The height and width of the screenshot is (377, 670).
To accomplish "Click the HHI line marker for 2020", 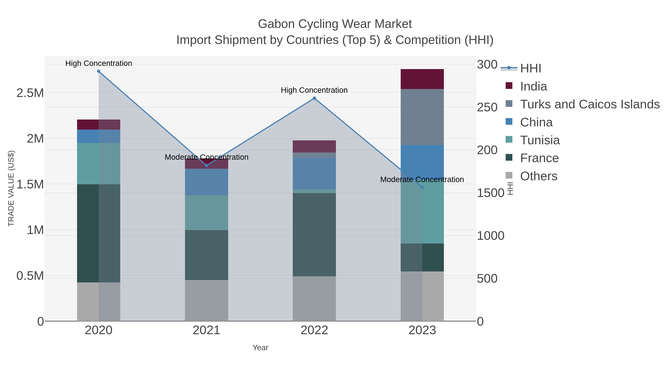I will pos(99,71).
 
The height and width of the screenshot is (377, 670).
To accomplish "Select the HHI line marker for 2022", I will pos(314,98).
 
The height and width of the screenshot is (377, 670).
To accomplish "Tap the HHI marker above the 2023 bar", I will pos(422,187).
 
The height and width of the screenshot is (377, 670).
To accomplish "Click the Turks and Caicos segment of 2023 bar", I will pos(422,117).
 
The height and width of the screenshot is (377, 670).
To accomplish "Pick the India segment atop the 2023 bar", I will pos(422,79).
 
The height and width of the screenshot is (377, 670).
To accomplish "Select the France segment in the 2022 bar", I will pos(314,234).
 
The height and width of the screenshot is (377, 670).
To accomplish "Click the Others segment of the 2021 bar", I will pos(207,300).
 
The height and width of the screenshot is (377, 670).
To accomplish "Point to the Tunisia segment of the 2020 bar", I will pos(99,164).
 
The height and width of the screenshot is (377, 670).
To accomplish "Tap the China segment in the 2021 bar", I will pos(207,182).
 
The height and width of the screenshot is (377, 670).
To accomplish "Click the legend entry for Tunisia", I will pos(540,140).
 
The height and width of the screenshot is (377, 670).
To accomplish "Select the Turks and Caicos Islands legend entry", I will pos(589,104).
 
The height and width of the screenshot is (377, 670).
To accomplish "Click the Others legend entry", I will pos(538,176).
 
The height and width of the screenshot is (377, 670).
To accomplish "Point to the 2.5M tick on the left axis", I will pos(30,93).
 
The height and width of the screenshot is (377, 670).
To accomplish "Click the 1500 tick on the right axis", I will pos(490,193).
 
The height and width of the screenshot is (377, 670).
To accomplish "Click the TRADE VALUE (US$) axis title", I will pos(11,188).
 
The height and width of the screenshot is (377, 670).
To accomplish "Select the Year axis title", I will pos(260,348).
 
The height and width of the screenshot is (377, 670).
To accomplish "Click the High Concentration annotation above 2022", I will pos(314,90).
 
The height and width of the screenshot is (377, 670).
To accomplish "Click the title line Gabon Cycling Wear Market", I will pos(335,24).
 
